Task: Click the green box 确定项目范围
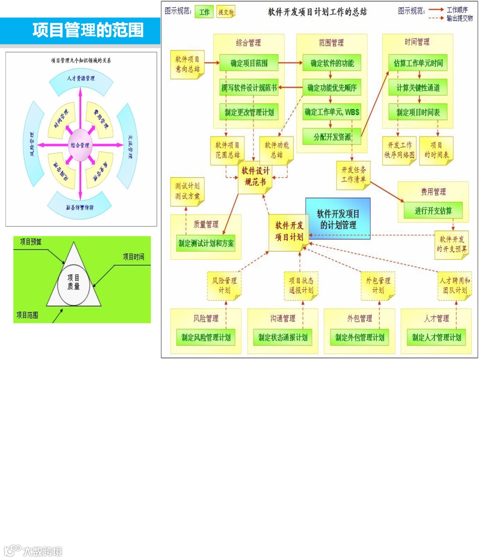point(249,63)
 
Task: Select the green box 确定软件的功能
point(332,63)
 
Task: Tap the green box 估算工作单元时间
point(418,63)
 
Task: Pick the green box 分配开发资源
point(332,137)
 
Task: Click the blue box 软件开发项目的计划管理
point(338,219)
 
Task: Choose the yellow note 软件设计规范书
point(255,176)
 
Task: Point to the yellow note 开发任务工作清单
point(353,175)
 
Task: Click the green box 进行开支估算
point(433,211)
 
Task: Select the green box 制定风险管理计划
point(206,337)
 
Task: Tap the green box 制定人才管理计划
point(436,337)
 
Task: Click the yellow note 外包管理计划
point(378,286)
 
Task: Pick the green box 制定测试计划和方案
point(206,243)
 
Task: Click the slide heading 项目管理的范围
point(88,30)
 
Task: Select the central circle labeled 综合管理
point(80,145)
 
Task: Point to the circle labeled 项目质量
point(74,282)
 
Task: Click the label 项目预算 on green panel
point(31,242)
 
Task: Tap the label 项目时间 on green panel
point(133,256)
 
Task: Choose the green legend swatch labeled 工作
point(204,12)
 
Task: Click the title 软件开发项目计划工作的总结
point(317,12)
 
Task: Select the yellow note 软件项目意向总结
point(187,64)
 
